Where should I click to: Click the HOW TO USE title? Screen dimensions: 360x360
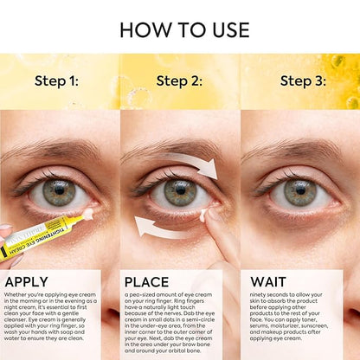[x=180, y=29]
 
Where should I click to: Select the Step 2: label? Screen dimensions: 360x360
[x=180, y=80]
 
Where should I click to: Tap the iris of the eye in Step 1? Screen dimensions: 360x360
[x=59, y=192]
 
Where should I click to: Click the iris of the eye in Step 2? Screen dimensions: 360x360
[x=179, y=192]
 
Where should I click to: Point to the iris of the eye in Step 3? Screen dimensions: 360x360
[x=300, y=192]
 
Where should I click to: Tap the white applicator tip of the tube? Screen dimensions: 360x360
[x=86, y=212]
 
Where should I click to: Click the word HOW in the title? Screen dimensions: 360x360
[x=146, y=29]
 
